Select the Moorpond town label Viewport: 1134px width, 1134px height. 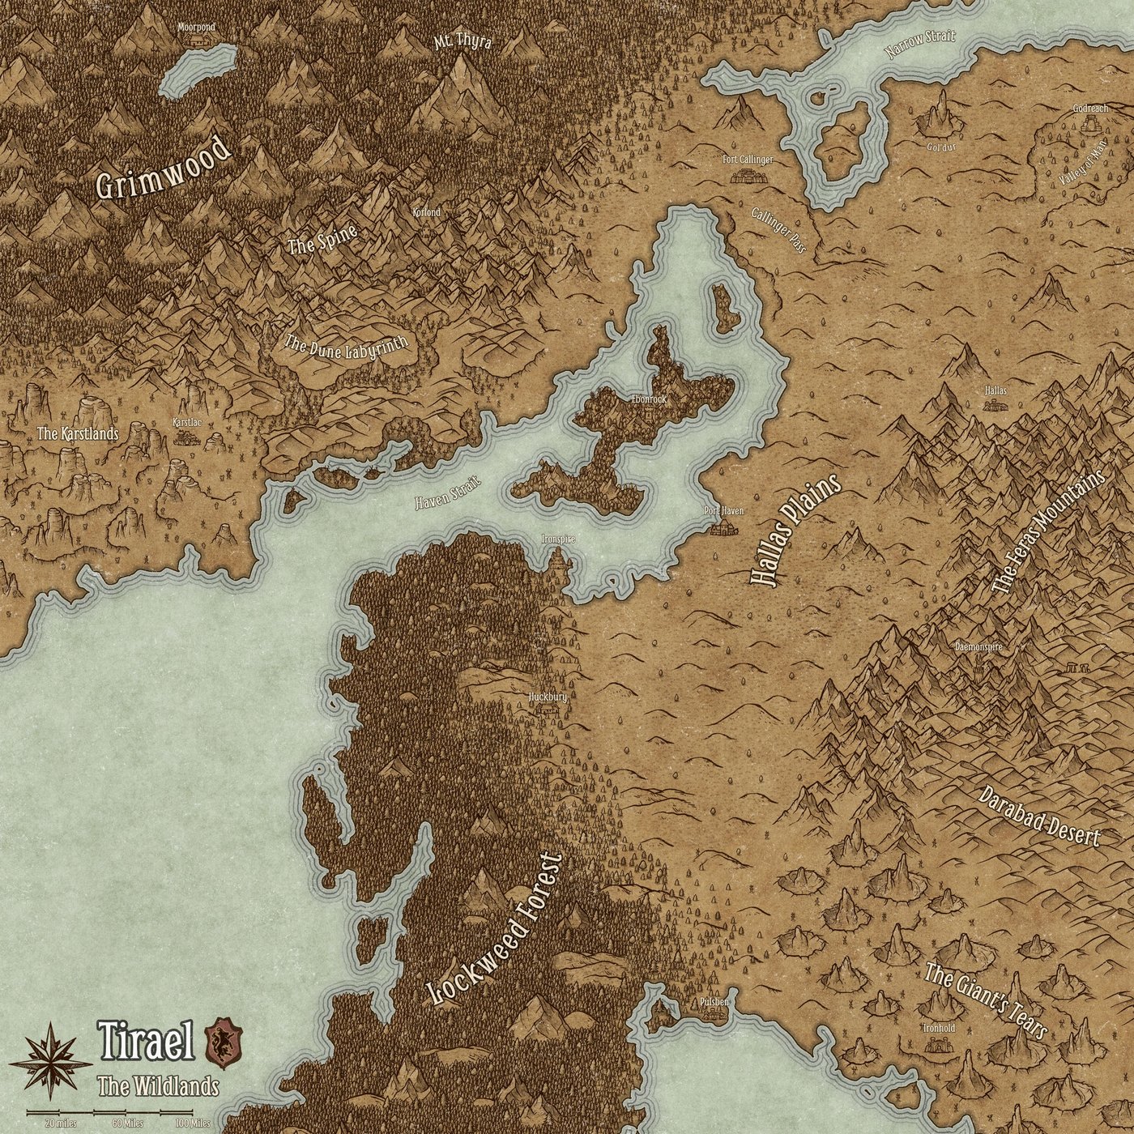click(x=197, y=27)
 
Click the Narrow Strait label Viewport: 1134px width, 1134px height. click(x=919, y=45)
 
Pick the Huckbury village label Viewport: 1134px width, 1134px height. click(x=546, y=696)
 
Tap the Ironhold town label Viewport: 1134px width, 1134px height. click(x=938, y=1028)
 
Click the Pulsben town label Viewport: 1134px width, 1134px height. click(x=714, y=1002)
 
